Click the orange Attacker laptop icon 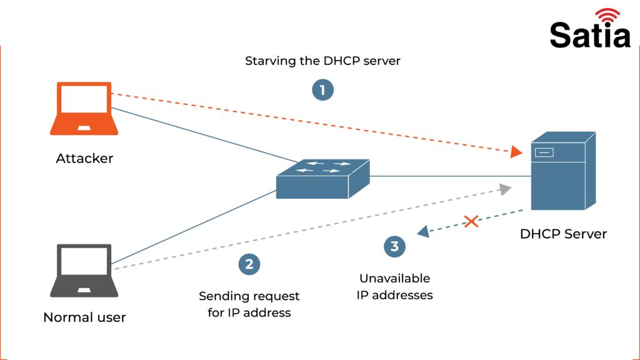click(x=84, y=108)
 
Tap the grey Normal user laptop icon click(x=84, y=270)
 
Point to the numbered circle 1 click(x=322, y=90)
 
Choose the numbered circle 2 click(x=249, y=264)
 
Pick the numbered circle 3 click(x=394, y=246)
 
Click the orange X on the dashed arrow click(x=471, y=221)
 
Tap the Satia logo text click(x=590, y=35)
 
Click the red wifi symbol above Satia click(x=607, y=16)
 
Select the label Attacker click(x=84, y=159)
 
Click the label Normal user click(x=84, y=317)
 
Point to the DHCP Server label click(x=563, y=234)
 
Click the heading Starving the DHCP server click(x=322, y=61)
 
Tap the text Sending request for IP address click(x=249, y=304)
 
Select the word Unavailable click(x=394, y=278)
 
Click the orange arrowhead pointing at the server click(x=516, y=152)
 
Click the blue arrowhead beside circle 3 click(x=423, y=232)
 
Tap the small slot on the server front click(x=542, y=152)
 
